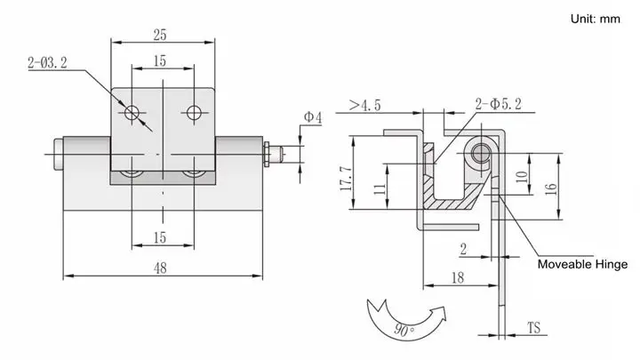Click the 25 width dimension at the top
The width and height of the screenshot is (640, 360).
(x=160, y=35)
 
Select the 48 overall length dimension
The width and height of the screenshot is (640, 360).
(x=160, y=268)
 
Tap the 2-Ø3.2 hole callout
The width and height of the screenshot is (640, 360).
(x=47, y=63)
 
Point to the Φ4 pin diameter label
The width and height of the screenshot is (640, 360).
(x=313, y=117)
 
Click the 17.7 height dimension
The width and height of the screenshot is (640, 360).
(x=346, y=179)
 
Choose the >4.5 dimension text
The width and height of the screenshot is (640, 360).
(x=365, y=105)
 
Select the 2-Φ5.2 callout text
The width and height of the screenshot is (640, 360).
(x=499, y=104)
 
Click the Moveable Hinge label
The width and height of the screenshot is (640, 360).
(x=582, y=264)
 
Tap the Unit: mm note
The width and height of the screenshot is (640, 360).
(x=595, y=19)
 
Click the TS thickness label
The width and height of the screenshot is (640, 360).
(x=534, y=328)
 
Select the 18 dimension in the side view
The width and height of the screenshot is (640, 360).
(x=458, y=278)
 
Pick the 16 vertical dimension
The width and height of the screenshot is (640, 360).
(x=550, y=188)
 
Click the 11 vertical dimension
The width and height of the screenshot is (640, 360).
(x=380, y=188)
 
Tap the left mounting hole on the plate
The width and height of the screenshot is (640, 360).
(x=132, y=112)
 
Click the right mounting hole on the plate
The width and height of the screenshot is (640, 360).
(x=194, y=112)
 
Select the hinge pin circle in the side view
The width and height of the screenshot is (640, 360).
(x=480, y=154)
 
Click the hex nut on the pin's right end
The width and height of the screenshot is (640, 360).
(x=267, y=154)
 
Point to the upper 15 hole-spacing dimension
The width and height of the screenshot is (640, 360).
(x=160, y=60)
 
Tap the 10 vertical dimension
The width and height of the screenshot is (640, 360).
(x=522, y=177)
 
